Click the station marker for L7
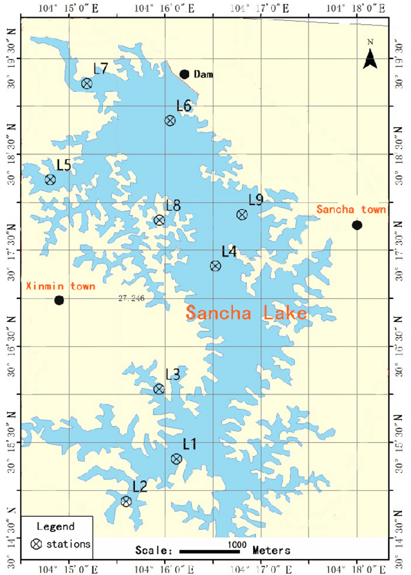point(87,83)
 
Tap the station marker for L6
point(170,120)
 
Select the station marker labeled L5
point(50,180)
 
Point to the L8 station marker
point(159,220)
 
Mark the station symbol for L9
point(242,214)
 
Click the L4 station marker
point(216,266)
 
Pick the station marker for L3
point(159,389)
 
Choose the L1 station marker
point(176,459)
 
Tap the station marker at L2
point(126,501)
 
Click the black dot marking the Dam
point(184,74)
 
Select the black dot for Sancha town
point(357,225)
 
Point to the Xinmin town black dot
point(59,300)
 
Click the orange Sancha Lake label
point(246,313)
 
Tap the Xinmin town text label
point(60,286)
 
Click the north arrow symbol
point(370,59)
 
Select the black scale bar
point(210,551)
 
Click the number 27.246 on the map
point(131,298)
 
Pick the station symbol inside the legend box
point(36,544)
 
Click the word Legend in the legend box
point(55,527)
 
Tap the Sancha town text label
point(351,210)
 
